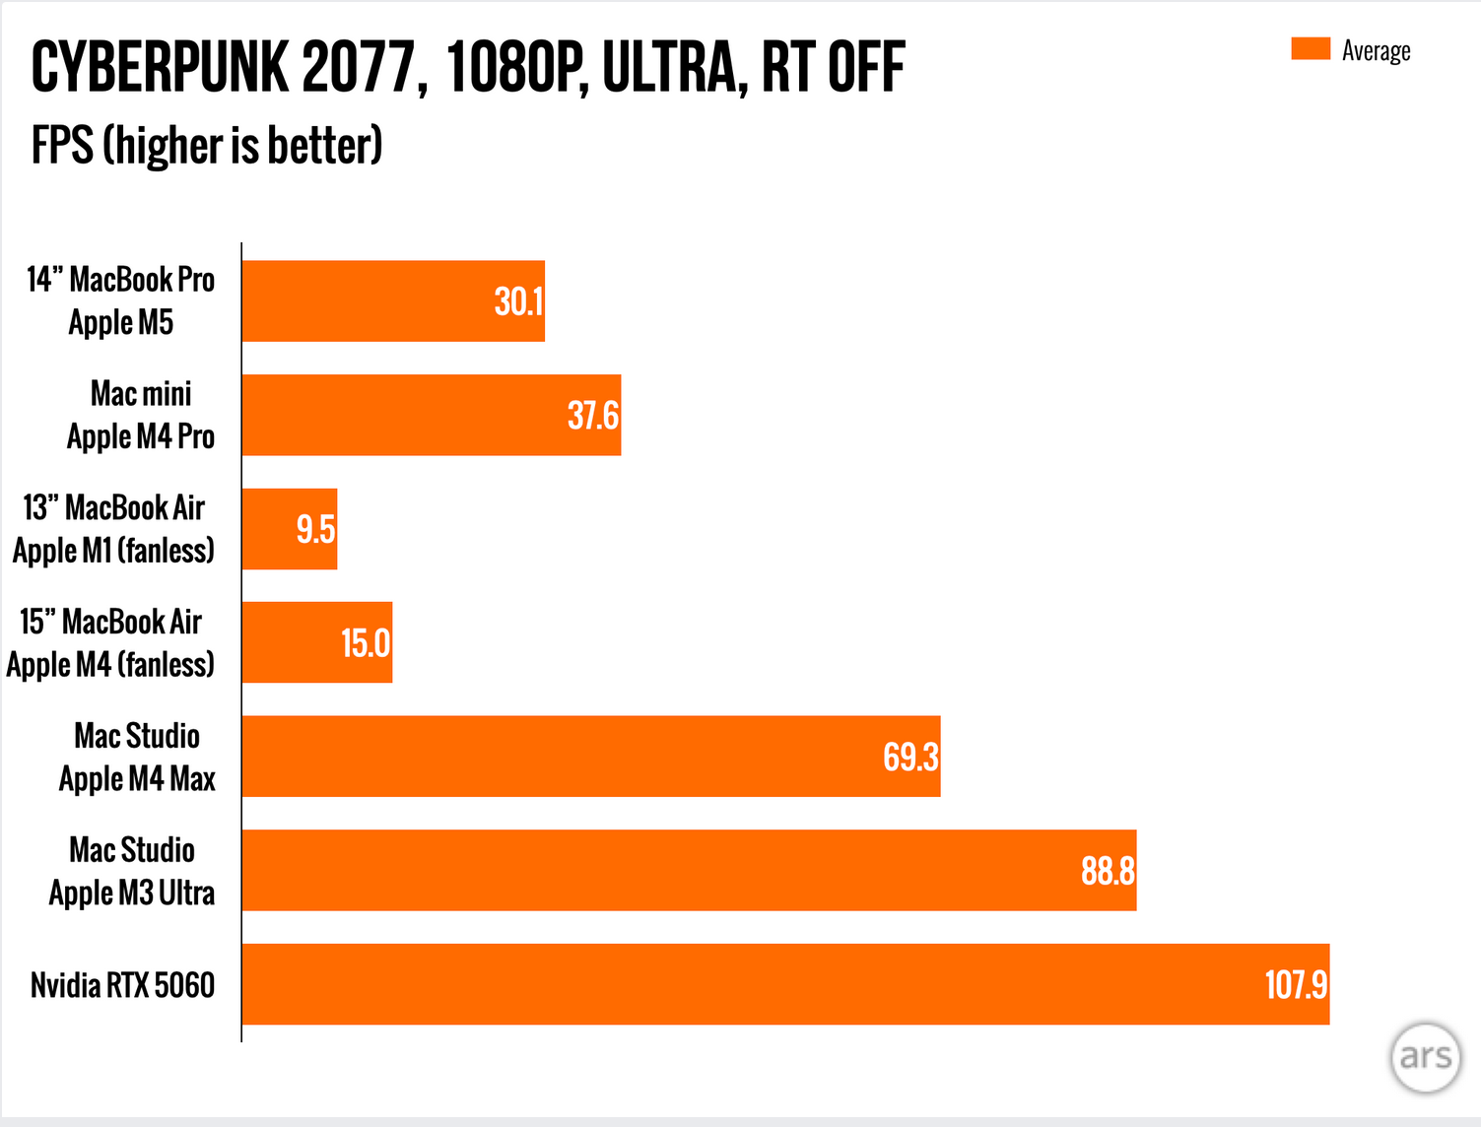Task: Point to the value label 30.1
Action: pyautogui.click(x=518, y=301)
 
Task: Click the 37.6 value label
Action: pyautogui.click(x=593, y=416)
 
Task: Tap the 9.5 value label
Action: pyautogui.click(x=315, y=530)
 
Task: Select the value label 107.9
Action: pyautogui.click(x=1296, y=985)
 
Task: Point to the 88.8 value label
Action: pyautogui.click(x=1108, y=871)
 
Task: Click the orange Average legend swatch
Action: pyautogui.click(x=1311, y=49)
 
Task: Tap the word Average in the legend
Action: pyautogui.click(x=1376, y=51)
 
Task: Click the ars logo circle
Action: pyautogui.click(x=1426, y=1057)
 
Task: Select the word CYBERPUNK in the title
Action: pyautogui.click(x=160, y=68)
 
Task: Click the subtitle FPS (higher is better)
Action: pyautogui.click(x=207, y=146)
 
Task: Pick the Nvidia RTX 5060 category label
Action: pyautogui.click(x=122, y=985)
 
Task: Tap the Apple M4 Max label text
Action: pyautogui.click(x=137, y=779)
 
